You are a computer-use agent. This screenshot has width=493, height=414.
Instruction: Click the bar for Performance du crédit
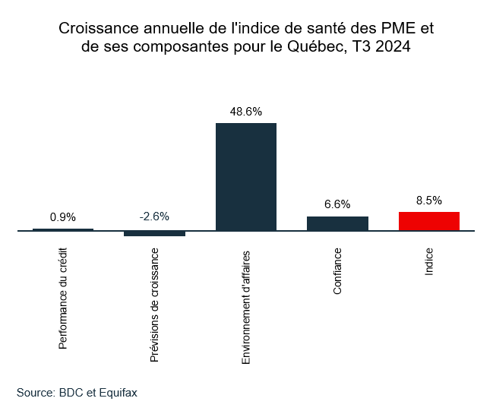tap(63, 229)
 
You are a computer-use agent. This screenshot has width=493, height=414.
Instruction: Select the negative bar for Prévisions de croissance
tap(154, 233)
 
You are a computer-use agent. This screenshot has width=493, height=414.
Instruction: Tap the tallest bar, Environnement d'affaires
tap(246, 176)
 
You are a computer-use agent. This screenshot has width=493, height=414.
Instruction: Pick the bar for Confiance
tap(337, 223)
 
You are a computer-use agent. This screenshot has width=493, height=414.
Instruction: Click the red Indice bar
tap(429, 221)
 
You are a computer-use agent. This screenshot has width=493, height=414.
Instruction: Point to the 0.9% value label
tap(63, 217)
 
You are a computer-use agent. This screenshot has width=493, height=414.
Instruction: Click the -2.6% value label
tap(154, 216)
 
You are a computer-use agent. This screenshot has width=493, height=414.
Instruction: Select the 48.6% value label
tap(246, 112)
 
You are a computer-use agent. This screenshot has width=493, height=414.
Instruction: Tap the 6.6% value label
tap(337, 204)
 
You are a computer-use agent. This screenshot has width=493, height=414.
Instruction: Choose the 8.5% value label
tap(429, 201)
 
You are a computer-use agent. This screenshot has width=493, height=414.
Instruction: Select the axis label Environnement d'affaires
tap(246, 305)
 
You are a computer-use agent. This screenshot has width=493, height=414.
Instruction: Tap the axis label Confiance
tap(337, 271)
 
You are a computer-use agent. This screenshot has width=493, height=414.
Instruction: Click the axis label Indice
tap(429, 261)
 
